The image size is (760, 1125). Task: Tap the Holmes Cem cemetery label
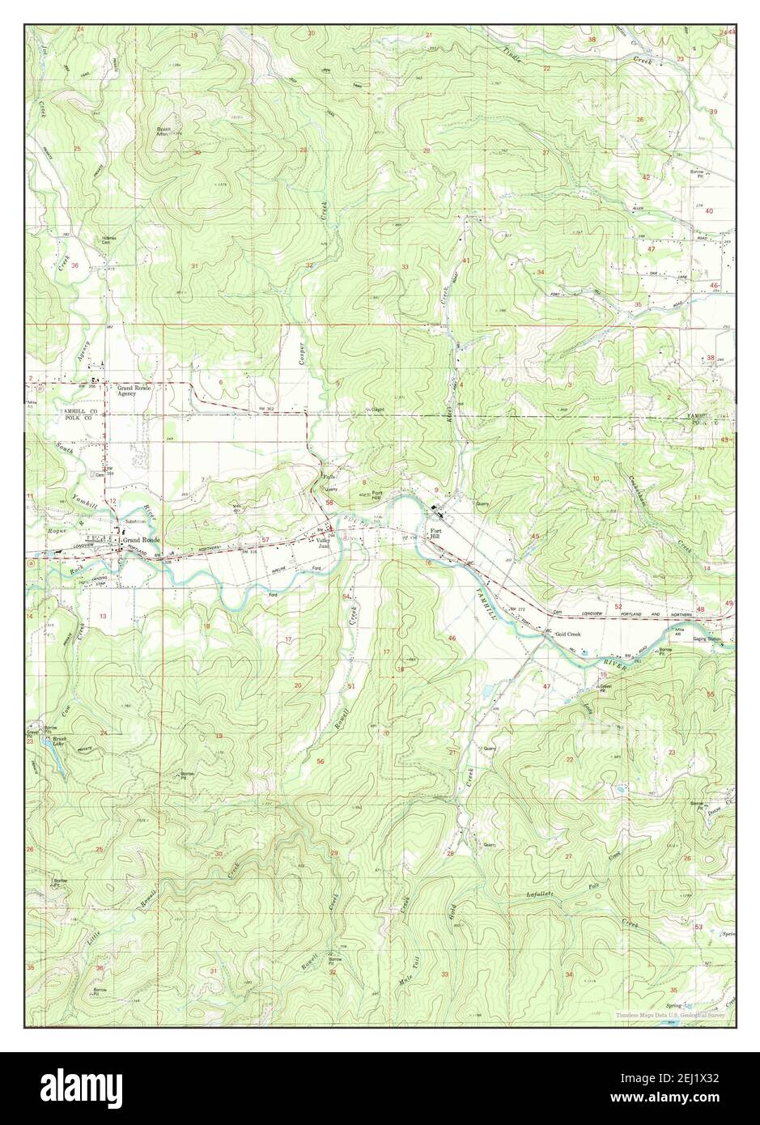108,240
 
